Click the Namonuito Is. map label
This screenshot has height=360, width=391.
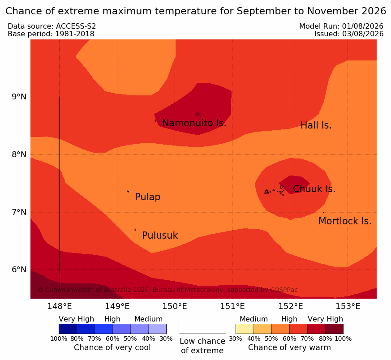tap(194, 123)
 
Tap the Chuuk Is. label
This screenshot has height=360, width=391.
tap(314, 189)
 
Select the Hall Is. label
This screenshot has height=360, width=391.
tap(316, 125)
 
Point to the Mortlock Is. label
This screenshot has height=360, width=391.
tap(345, 221)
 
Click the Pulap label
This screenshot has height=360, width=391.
tap(148, 197)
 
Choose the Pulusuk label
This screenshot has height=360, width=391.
tap(160, 236)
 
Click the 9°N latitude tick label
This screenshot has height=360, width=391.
tap(19, 97)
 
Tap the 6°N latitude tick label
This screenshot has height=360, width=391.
tap(19, 270)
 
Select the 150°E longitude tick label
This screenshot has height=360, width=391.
tap(175, 306)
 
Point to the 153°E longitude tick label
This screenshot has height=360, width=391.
tap(348, 306)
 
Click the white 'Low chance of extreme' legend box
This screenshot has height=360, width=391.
tap(202, 329)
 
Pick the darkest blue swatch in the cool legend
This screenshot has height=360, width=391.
tap(68, 329)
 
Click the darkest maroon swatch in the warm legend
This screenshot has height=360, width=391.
tap(334, 329)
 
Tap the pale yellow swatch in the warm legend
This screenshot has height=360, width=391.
tap(245, 329)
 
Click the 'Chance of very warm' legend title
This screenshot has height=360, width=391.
tap(289, 347)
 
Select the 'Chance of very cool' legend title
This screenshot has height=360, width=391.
tap(112, 347)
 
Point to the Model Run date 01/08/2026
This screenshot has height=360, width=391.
tap(363, 26)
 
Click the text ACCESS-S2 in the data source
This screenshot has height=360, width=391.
tap(76, 26)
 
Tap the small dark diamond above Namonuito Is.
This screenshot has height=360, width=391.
tap(198, 115)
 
